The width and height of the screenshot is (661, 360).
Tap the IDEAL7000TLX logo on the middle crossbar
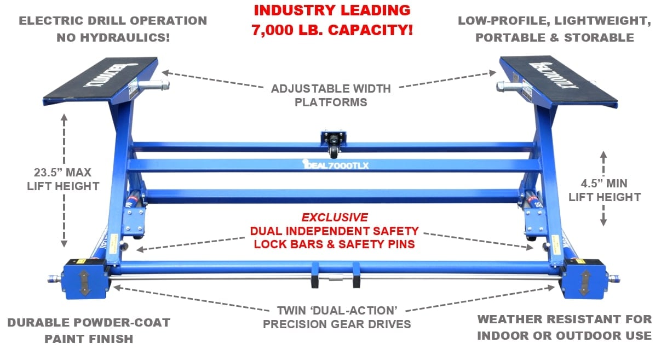[x=336, y=164]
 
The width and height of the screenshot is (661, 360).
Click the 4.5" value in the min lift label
[x=592, y=184]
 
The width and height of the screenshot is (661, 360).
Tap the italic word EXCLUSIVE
[x=335, y=218]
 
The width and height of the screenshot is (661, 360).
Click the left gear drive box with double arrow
[x=85, y=279]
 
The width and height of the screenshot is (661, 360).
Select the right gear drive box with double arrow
[x=584, y=279]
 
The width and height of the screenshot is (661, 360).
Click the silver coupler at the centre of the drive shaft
[x=336, y=278]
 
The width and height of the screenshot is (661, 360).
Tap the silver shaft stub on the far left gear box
[x=55, y=278]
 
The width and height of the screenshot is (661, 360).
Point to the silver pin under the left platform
[x=153, y=85]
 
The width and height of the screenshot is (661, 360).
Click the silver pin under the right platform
[x=509, y=87]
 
